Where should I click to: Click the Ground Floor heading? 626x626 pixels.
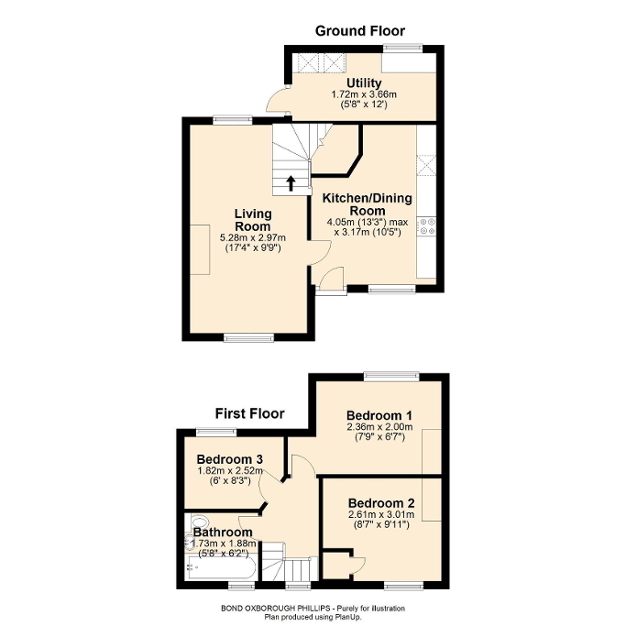click(x=360, y=31)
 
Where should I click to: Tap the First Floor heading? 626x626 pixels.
click(x=250, y=413)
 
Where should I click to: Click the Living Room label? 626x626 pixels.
click(x=252, y=220)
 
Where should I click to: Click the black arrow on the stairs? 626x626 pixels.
click(x=291, y=181)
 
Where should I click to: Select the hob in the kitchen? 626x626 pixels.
click(x=426, y=225)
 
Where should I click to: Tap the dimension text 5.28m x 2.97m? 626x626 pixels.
click(x=252, y=238)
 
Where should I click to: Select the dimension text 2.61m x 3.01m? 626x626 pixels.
click(x=383, y=515)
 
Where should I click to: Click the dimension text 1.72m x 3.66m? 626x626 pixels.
click(x=364, y=94)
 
